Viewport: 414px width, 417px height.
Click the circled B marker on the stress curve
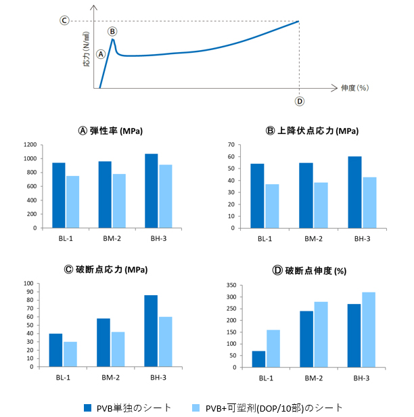112,31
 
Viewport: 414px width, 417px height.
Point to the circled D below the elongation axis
300,102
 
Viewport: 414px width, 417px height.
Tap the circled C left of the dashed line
64,20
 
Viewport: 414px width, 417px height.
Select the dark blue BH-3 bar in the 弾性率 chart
151,191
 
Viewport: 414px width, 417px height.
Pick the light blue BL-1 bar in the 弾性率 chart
72,202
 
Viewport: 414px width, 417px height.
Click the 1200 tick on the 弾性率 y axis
28,145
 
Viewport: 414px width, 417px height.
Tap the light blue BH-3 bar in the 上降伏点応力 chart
369,202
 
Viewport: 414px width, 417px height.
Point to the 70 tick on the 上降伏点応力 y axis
230,145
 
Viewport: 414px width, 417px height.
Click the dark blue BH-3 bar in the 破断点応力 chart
150,331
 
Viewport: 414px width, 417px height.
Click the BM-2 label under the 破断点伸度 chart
313,377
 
